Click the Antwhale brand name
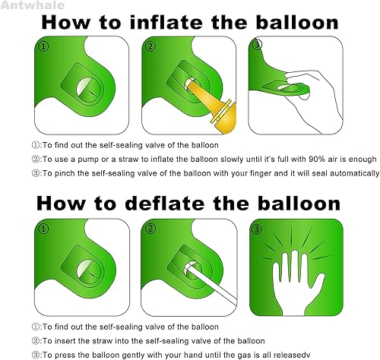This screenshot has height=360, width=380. (x=25, y=6)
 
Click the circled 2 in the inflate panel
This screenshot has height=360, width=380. (x=150, y=46)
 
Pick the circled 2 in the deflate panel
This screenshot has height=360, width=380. (x=150, y=227)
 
